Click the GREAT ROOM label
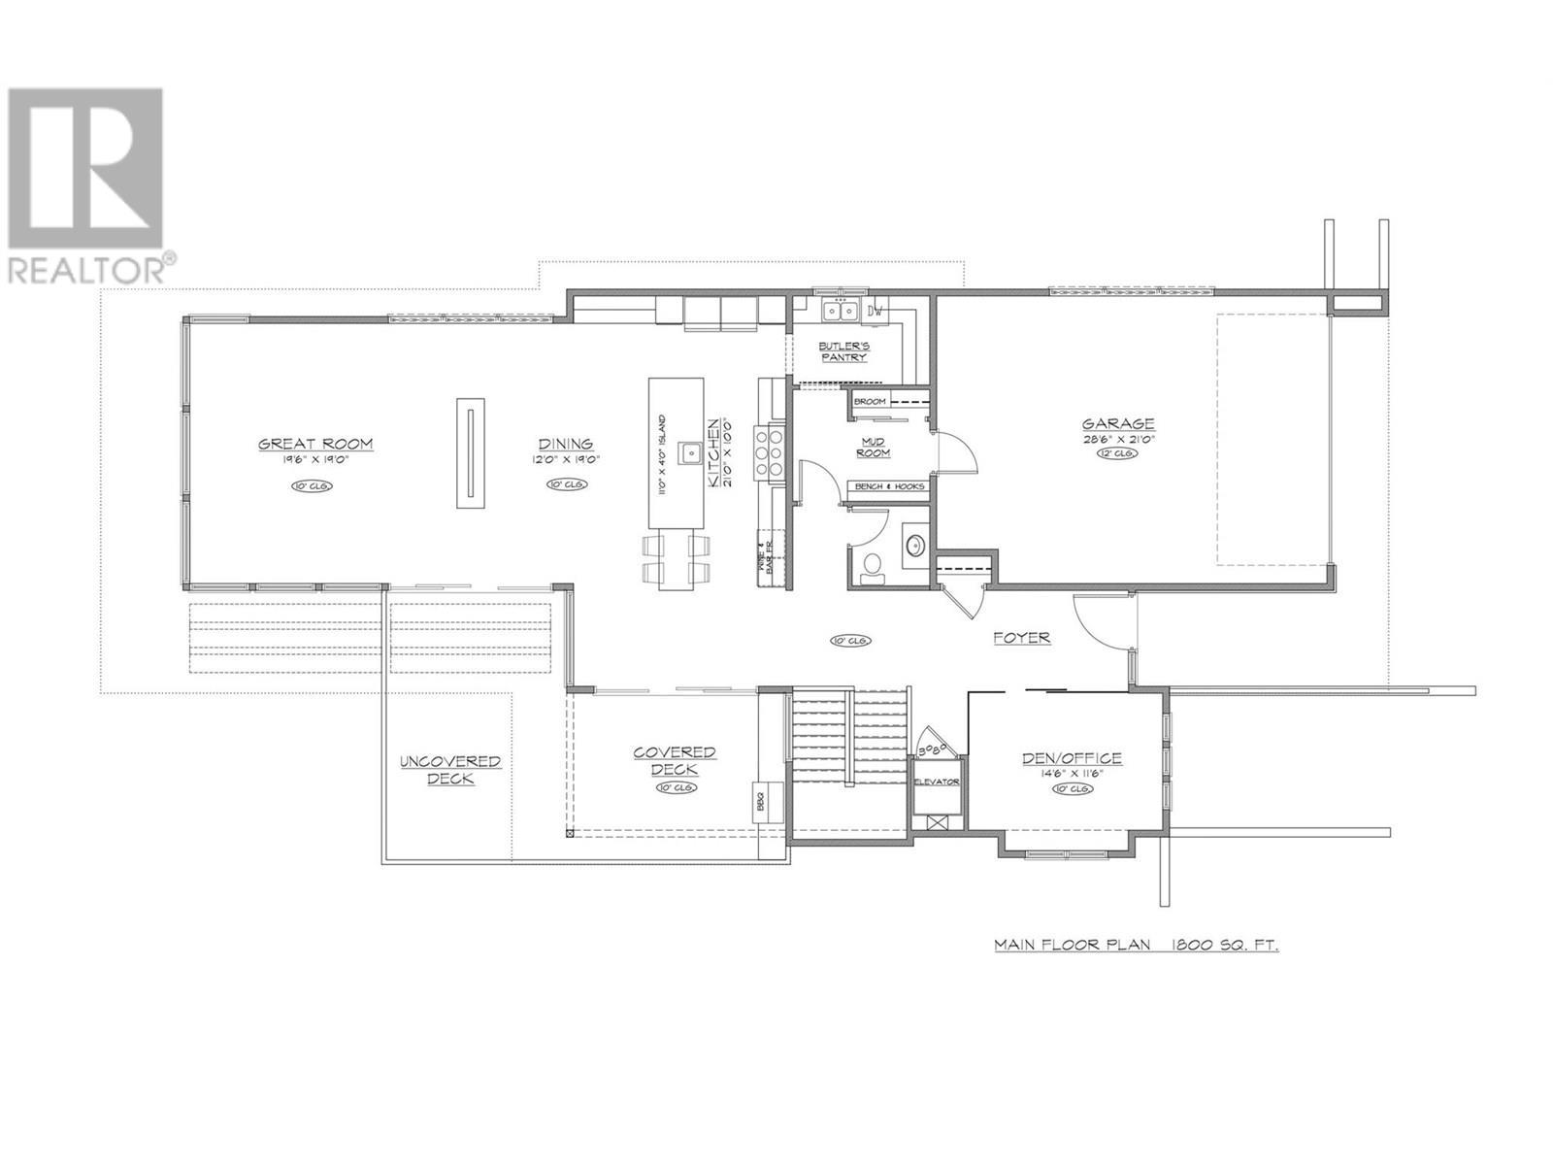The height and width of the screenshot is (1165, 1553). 315,444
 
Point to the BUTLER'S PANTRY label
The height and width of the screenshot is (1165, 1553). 843,351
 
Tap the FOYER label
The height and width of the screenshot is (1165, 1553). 1021,638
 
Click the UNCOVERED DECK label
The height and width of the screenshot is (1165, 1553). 450,770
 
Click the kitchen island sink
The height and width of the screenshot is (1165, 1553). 691,452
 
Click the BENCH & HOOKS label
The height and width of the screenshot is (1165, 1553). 887,486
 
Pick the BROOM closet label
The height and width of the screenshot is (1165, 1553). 869,401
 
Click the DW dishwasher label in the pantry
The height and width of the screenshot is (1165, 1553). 876,312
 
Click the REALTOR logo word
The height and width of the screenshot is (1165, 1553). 85,268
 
